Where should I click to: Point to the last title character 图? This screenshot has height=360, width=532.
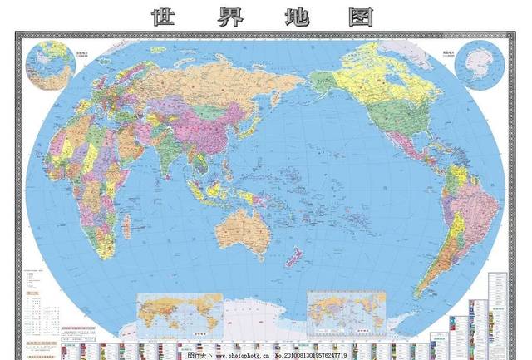(361, 16)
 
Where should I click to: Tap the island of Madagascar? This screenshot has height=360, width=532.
(127, 225)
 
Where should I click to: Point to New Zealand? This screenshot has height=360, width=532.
(294, 257)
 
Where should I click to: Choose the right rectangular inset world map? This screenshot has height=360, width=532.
(346, 313)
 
